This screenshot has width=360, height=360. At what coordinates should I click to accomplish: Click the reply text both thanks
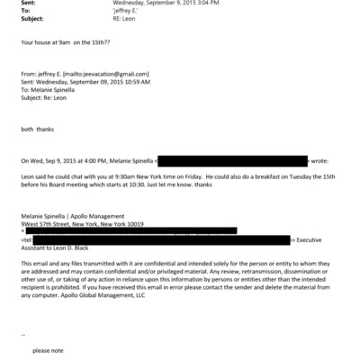[x=37, y=130]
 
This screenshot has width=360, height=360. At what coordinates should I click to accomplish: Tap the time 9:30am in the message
[x=130, y=176]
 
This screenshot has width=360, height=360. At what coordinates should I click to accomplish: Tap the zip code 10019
[x=135, y=223]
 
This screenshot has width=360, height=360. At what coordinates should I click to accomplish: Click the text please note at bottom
[x=47, y=349]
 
